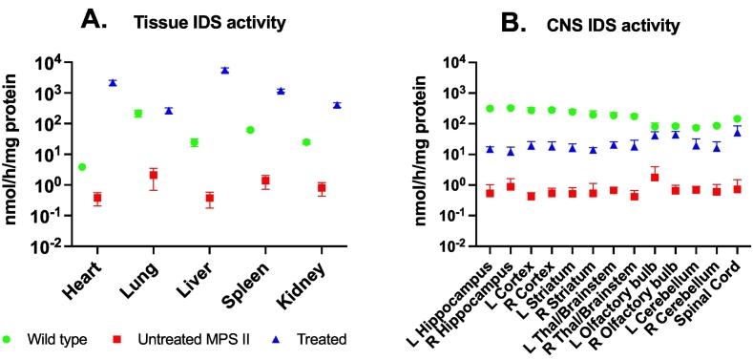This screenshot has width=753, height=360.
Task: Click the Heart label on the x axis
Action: click(82, 277)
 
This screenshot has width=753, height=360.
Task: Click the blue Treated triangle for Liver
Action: click(224, 71)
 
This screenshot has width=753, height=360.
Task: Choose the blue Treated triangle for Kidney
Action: click(337, 105)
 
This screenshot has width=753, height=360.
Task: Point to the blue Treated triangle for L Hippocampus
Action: click(489, 149)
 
